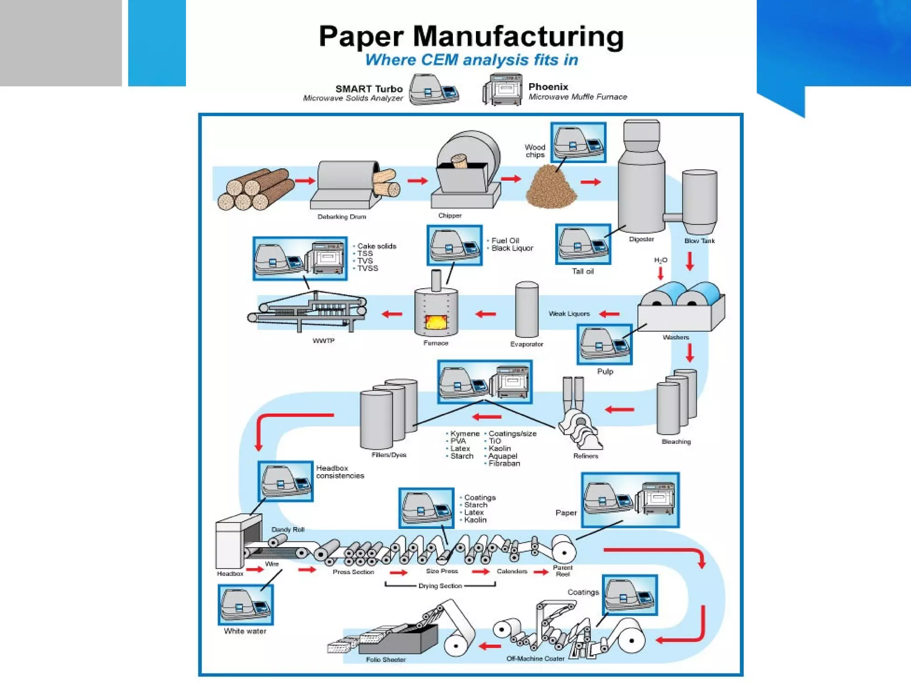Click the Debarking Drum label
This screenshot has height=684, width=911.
342,217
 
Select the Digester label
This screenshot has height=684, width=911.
641,239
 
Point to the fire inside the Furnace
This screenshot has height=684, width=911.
435,322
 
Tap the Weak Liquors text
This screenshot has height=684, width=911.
569,313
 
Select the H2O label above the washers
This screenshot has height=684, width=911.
661,260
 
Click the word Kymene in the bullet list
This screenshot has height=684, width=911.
465,433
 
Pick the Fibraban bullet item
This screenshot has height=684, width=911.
504,463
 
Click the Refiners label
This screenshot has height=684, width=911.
585,456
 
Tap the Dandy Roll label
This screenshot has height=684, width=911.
288,529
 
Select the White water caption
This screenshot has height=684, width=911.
245,631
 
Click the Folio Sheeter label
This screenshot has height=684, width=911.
386,660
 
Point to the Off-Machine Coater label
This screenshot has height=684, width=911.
535,659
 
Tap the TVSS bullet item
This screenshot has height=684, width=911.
367,268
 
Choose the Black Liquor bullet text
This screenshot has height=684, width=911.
512,248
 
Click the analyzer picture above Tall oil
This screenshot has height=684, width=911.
583,244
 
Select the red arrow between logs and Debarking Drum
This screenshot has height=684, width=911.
305,180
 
